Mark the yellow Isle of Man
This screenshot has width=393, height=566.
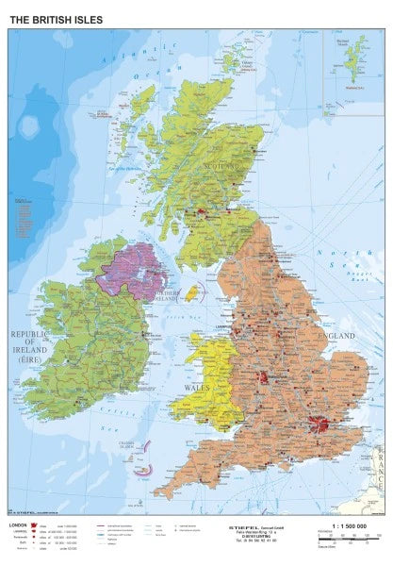point(191,292)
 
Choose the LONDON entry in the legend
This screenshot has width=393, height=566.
point(18,524)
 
